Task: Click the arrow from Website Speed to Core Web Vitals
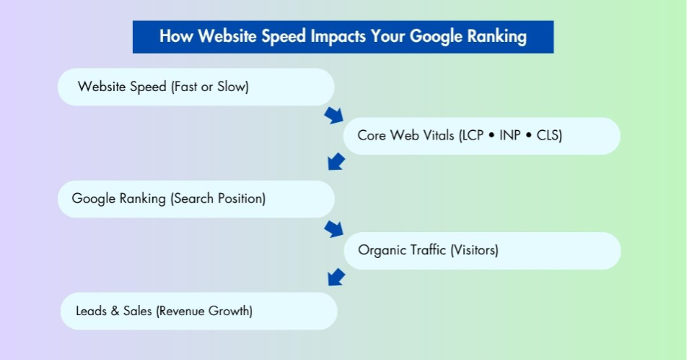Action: pos(334,115)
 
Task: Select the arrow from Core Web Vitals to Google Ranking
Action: pos(336,161)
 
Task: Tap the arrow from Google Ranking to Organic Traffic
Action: pos(334,228)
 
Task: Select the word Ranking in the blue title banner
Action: pos(499,36)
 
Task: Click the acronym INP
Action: pos(510,136)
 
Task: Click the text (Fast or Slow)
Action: pos(209,87)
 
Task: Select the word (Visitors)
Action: pos(473,250)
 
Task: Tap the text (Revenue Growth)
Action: pos(204,311)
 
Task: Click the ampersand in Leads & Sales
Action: pos(115,311)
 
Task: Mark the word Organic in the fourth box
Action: pos(380,250)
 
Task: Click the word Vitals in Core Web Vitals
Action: pos(437,136)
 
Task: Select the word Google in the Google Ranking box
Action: pos(93,198)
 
